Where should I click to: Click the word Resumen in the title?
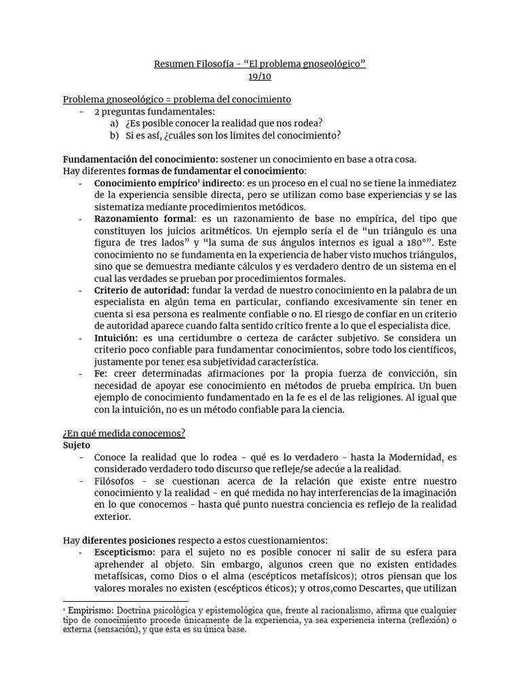tap(174, 64)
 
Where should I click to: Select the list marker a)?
tap(114, 123)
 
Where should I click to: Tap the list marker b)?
tap(114, 135)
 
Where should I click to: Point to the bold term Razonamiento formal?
tap(144, 218)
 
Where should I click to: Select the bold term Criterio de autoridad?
tap(142, 290)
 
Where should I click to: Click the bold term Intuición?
tap(115, 338)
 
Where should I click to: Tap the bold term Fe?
tap(101, 373)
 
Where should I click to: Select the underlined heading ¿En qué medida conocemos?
tap(124, 433)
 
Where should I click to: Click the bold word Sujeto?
tap(77, 445)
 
